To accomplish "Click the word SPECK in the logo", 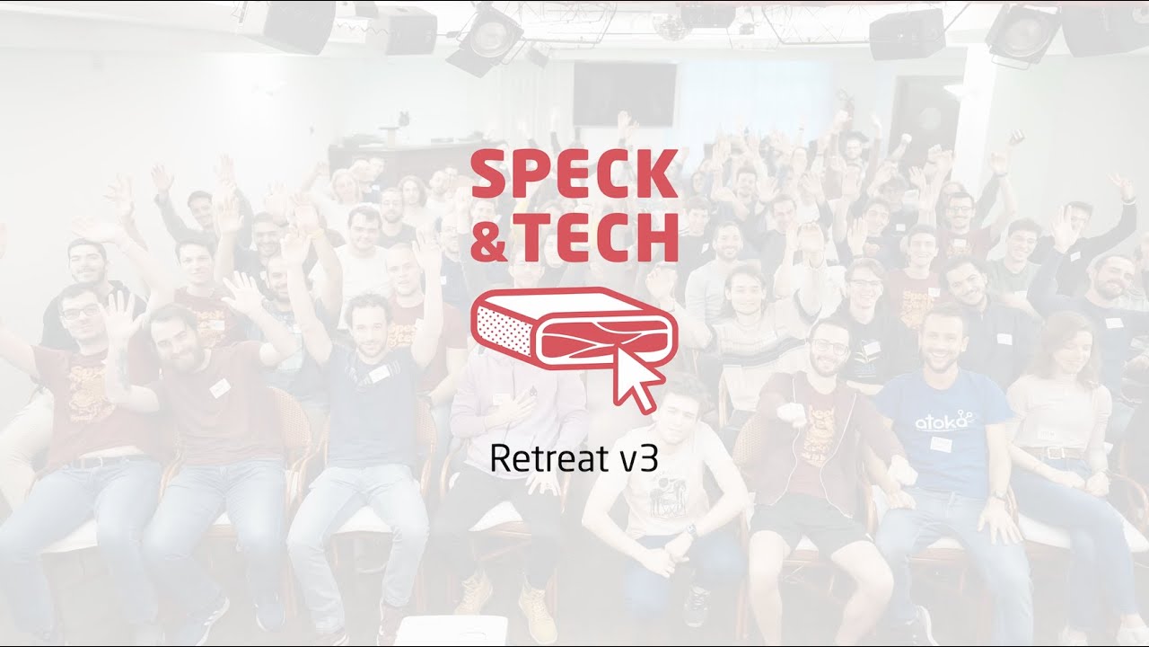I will (x=574, y=174).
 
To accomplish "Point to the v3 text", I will (x=639, y=459).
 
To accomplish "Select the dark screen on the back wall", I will (x=625, y=93).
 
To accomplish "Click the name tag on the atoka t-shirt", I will (x=940, y=444).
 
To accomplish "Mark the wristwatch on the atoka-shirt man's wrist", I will (x=999, y=494).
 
